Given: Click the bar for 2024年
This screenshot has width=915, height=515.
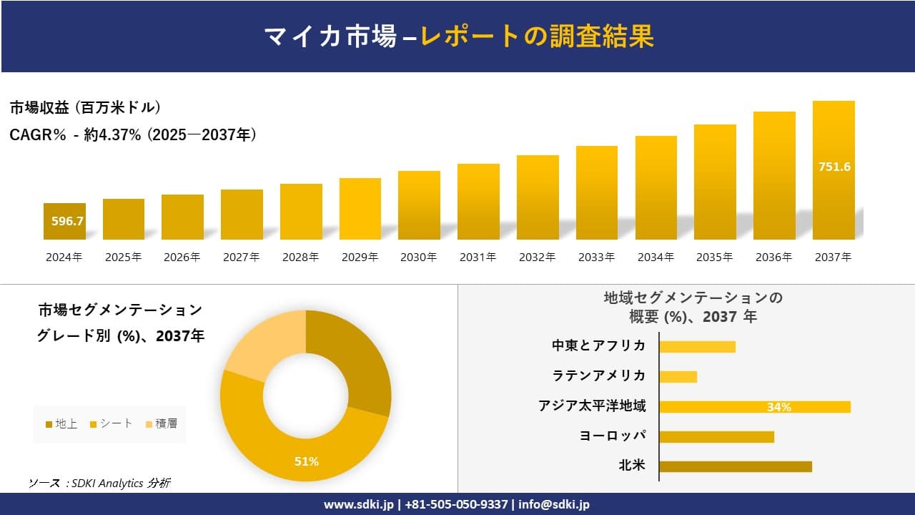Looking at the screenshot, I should pos(64,221).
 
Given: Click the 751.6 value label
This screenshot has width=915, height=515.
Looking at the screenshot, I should pos(834,167).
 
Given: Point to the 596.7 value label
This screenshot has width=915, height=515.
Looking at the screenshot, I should pos(68,221).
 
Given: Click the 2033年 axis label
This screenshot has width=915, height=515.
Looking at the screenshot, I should pos(596,257).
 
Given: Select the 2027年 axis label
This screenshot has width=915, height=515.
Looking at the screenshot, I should pos(241,257).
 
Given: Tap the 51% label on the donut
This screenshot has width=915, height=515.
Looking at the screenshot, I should pos(307,461).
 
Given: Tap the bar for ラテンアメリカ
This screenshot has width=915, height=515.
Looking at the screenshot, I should pos(678,376).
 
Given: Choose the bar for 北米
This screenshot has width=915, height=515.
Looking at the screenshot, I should pos(736,466).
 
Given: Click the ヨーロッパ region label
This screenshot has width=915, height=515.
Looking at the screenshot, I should pos(613,436).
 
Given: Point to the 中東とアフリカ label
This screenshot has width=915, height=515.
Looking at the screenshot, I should pos(598,345).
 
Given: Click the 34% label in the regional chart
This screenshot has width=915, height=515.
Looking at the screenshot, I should pos(778,407).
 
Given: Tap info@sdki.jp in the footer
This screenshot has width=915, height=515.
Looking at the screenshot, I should pos(554,504).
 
